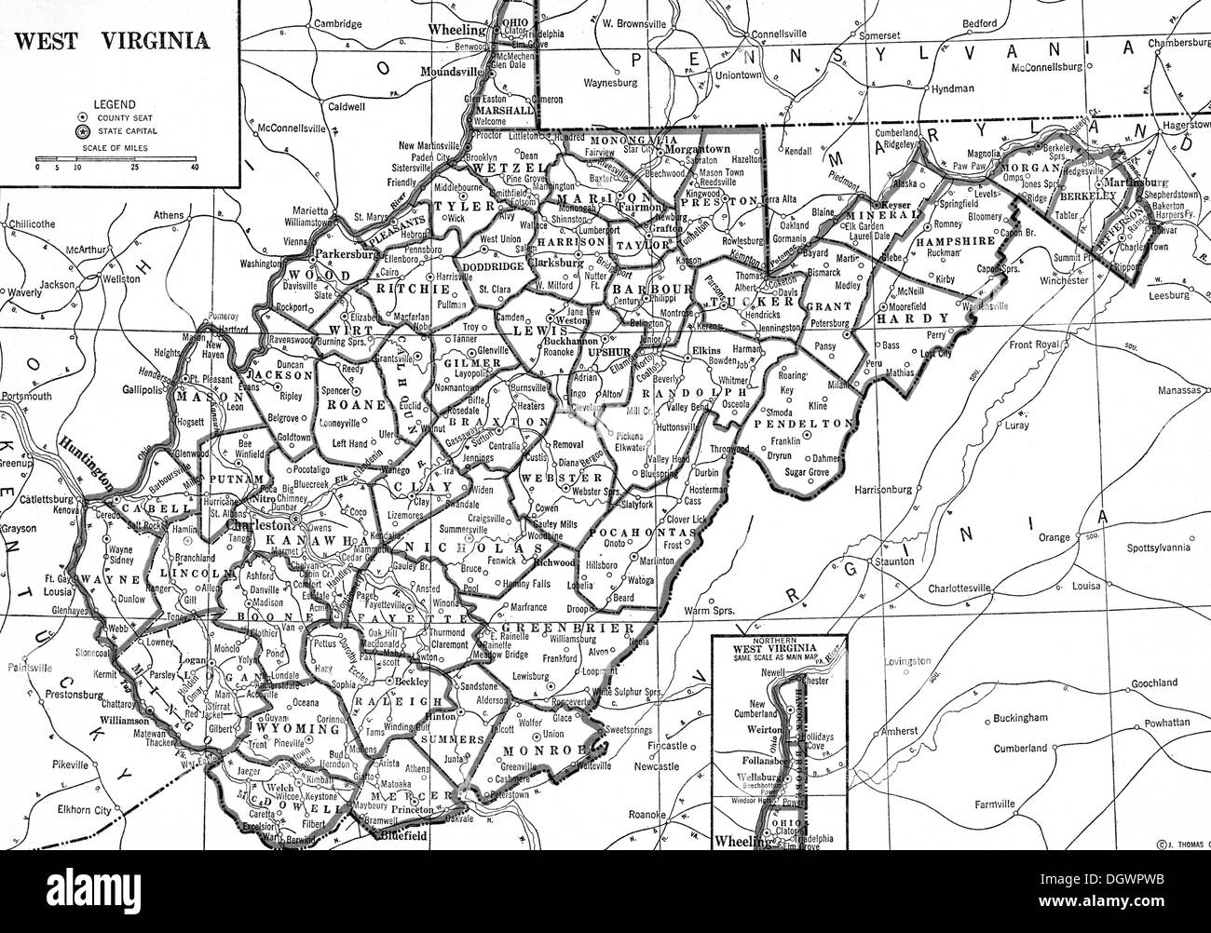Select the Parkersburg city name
pos(345,251)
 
